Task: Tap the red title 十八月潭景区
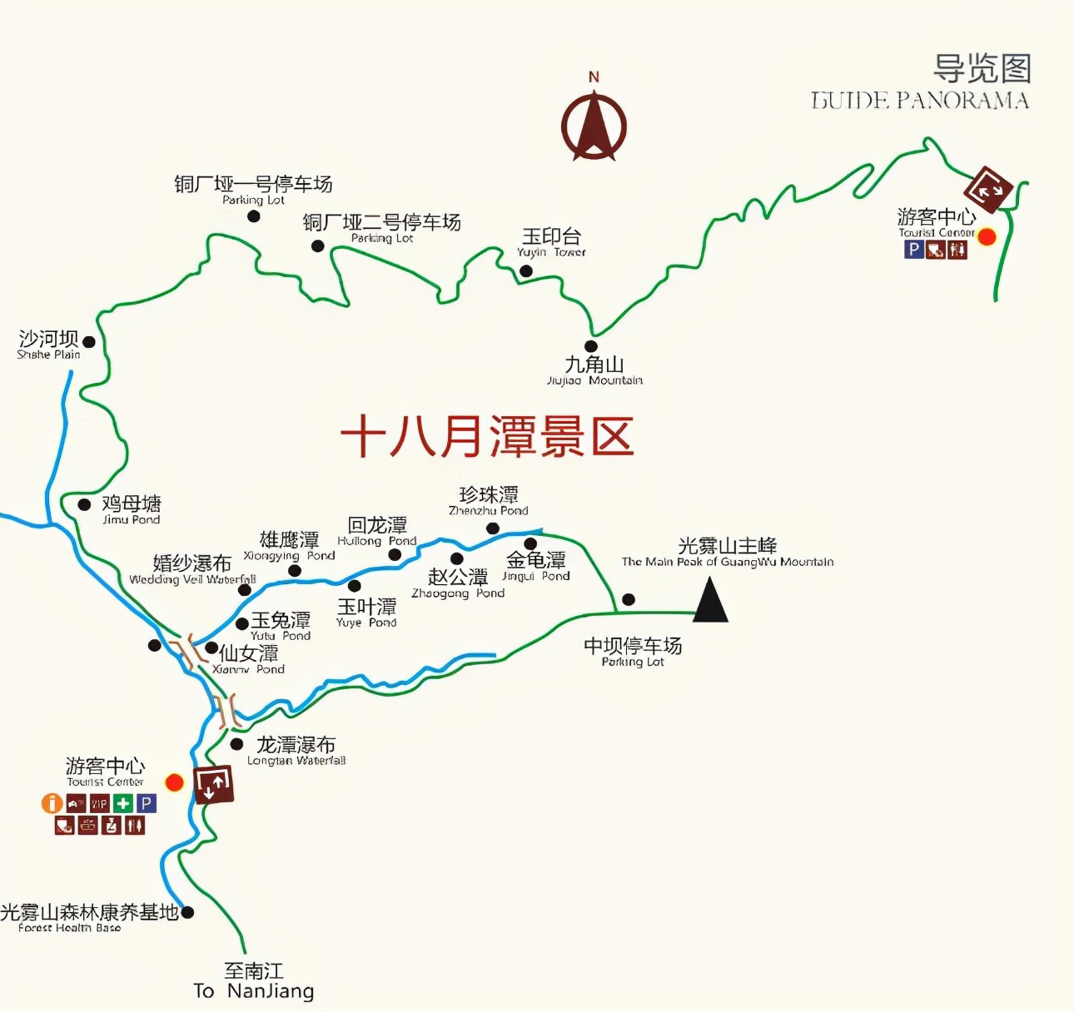pos(487,436)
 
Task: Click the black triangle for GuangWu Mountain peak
pos(710,601)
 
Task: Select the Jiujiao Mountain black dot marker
pos(591,346)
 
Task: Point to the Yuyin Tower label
pos(551,242)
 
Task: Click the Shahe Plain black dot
pos(89,342)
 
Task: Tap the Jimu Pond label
pos(132,509)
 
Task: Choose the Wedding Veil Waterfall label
pos(192,570)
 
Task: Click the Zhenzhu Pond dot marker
pos(493,528)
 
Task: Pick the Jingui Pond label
pos(536,566)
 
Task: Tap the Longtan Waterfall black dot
pos(237,744)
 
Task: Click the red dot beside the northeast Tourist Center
pos(987,237)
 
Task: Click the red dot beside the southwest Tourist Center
pos(174,782)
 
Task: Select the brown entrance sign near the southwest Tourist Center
pos(213,784)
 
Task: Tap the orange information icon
pos(52,803)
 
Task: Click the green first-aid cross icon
pos(123,803)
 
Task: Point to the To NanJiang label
pos(254,981)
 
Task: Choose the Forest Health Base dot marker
pos(188,912)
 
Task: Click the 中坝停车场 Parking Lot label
pos(633,652)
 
